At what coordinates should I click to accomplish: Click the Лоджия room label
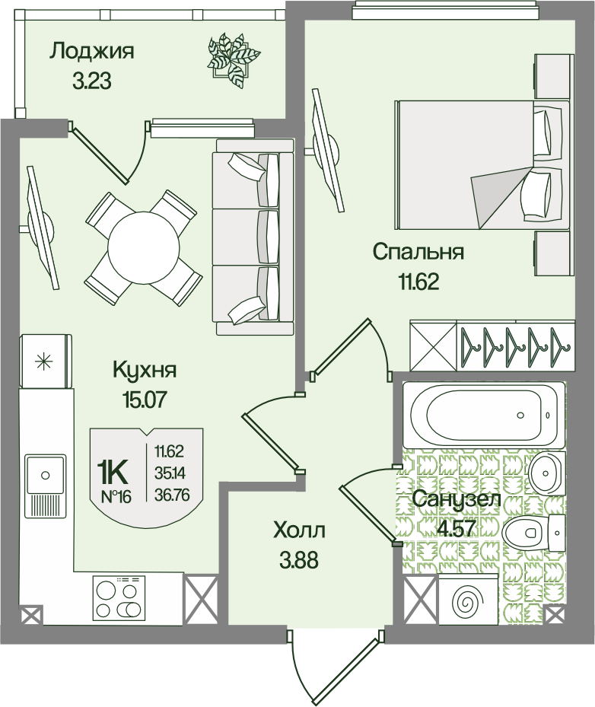(91, 52)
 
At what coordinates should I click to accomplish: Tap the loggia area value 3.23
(91, 81)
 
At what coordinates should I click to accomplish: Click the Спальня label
(418, 252)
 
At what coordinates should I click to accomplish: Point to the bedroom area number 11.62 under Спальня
(418, 282)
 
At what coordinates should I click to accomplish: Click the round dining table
(144, 247)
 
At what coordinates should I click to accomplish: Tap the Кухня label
(145, 370)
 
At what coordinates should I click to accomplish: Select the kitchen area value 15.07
(145, 399)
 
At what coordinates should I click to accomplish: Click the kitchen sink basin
(45, 474)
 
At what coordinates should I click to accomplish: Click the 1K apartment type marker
(113, 472)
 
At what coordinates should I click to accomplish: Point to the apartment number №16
(116, 497)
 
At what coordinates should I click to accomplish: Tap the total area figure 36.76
(171, 495)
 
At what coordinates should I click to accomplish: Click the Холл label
(299, 530)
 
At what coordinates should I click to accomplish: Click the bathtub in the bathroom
(483, 416)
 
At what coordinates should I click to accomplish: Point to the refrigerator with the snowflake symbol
(45, 361)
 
